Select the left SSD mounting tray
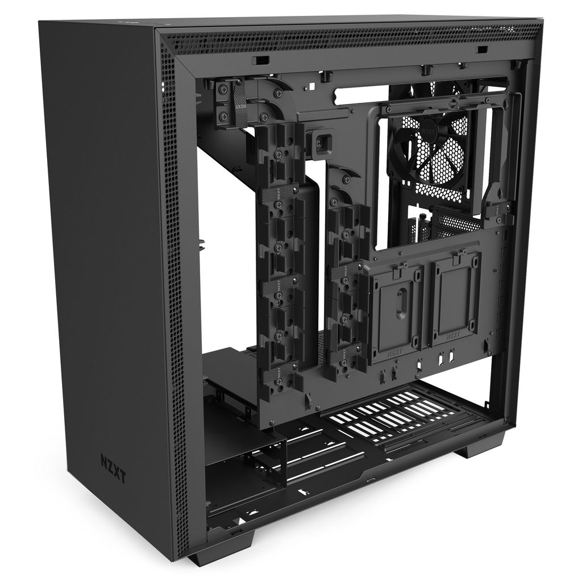(396, 313)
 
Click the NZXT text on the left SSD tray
(395, 351)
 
